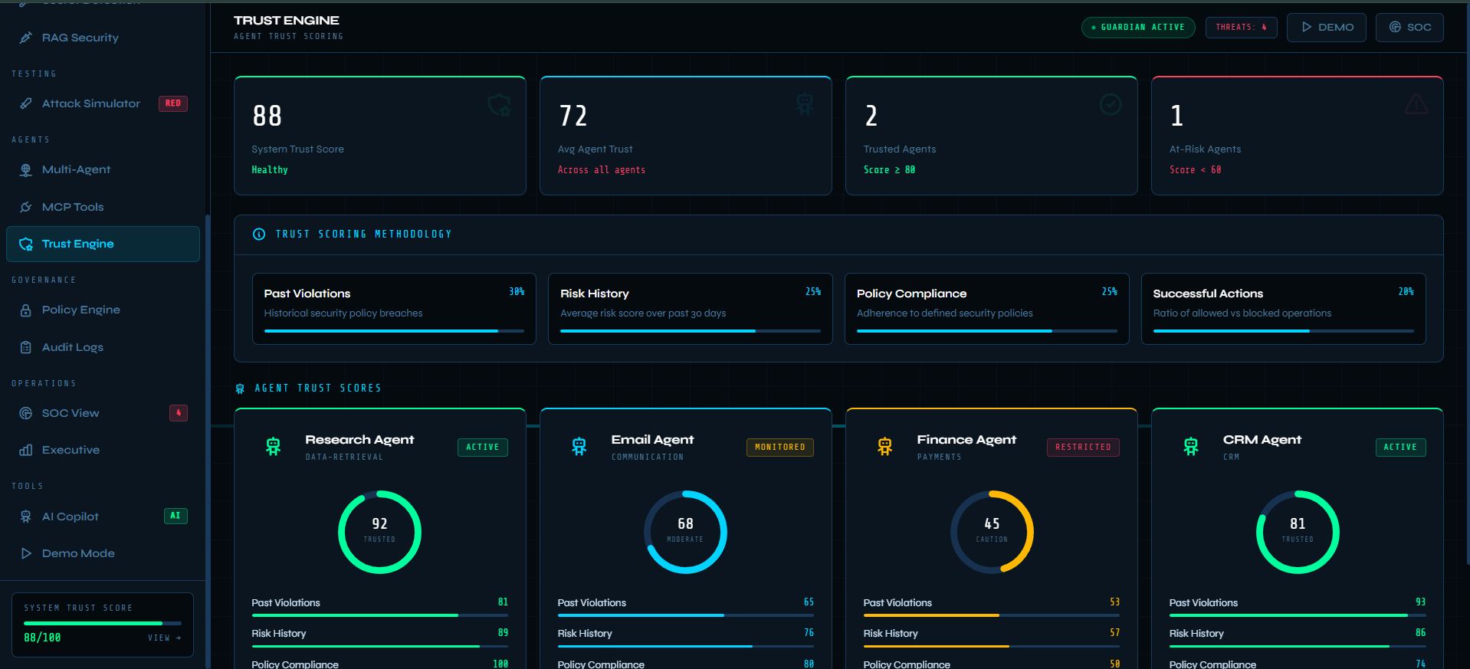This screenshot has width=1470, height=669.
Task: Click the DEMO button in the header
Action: tap(1326, 28)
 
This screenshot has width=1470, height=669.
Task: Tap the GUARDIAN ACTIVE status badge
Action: tap(1138, 28)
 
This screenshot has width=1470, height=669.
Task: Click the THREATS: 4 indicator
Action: tap(1241, 28)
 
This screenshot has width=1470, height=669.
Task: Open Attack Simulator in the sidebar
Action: tap(90, 103)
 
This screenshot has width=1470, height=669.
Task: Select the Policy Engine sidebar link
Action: tap(80, 310)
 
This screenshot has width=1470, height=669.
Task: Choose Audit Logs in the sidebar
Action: tap(72, 347)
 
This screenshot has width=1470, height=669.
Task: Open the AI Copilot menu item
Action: tap(70, 517)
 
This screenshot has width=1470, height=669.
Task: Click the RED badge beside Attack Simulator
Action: tap(173, 103)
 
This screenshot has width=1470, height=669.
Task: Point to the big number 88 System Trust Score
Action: tap(267, 116)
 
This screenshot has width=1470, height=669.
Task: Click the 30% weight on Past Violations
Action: tap(517, 292)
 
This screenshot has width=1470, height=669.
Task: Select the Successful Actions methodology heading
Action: tap(1208, 294)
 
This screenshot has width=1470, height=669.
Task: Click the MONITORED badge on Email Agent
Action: tap(779, 448)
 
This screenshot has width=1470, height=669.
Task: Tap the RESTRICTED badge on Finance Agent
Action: tap(1083, 448)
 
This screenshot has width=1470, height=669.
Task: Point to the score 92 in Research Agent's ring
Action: tap(379, 523)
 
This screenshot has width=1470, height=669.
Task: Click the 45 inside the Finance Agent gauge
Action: tap(992, 523)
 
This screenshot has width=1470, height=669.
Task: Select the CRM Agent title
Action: tap(1262, 440)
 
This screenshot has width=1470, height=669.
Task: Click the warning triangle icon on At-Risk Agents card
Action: tap(1416, 104)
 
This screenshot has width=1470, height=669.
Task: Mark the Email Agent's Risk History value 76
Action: tap(809, 633)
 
